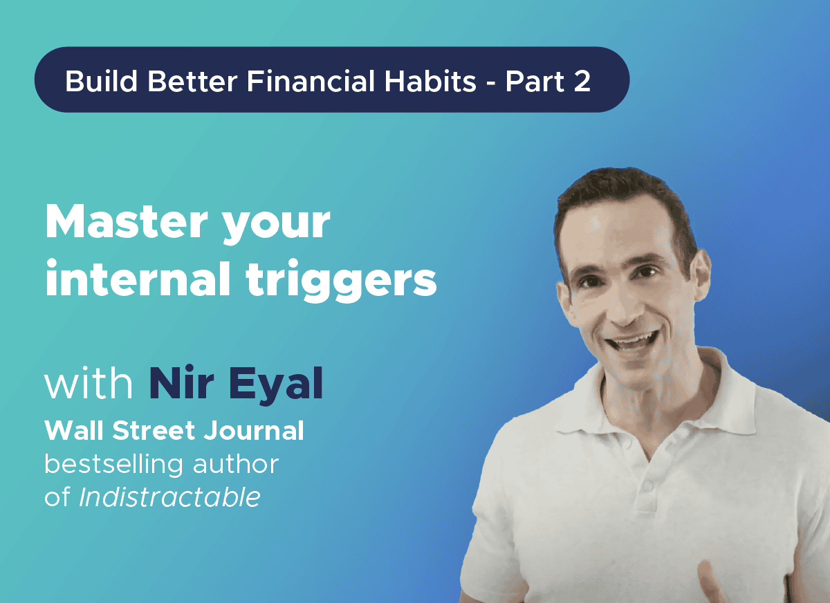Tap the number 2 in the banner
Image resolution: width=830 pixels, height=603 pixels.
point(582,82)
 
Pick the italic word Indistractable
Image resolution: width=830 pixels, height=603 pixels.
point(169,497)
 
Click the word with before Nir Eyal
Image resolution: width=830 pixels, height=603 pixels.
point(89,385)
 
